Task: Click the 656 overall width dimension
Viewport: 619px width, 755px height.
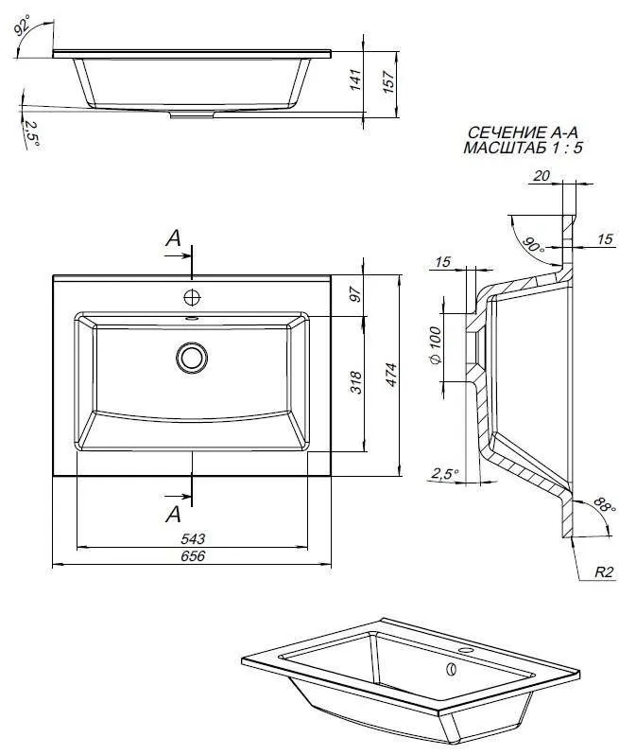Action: pyautogui.click(x=193, y=556)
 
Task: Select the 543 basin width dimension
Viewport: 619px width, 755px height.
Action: pyautogui.click(x=193, y=538)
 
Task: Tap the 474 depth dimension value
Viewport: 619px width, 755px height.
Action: pyautogui.click(x=391, y=374)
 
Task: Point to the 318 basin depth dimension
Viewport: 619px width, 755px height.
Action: pyautogui.click(x=356, y=382)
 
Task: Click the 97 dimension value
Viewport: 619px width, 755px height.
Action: pyautogui.click(x=355, y=293)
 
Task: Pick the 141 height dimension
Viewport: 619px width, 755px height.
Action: pyautogui.click(x=355, y=79)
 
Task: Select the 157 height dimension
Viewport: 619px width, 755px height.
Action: pyautogui.click(x=388, y=81)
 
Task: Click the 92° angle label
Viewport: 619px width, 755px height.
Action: pyautogui.click(x=22, y=24)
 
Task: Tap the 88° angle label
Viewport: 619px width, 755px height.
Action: pyautogui.click(x=604, y=505)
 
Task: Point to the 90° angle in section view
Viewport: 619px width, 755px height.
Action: pyautogui.click(x=534, y=245)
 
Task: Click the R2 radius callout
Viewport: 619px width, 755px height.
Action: pyautogui.click(x=604, y=572)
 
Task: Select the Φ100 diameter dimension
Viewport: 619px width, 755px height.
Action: pyautogui.click(x=435, y=345)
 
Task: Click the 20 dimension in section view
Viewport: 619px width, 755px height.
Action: pyautogui.click(x=542, y=176)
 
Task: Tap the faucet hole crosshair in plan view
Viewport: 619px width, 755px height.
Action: pyautogui.click(x=192, y=298)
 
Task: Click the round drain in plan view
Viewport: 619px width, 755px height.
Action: pyautogui.click(x=192, y=358)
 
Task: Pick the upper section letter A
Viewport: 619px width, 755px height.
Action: pyautogui.click(x=174, y=237)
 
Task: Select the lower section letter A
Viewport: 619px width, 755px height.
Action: pyautogui.click(x=173, y=515)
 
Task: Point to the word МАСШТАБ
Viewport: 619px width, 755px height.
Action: pyautogui.click(x=505, y=148)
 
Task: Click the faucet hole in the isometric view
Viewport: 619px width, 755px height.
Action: pyautogui.click(x=465, y=651)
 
